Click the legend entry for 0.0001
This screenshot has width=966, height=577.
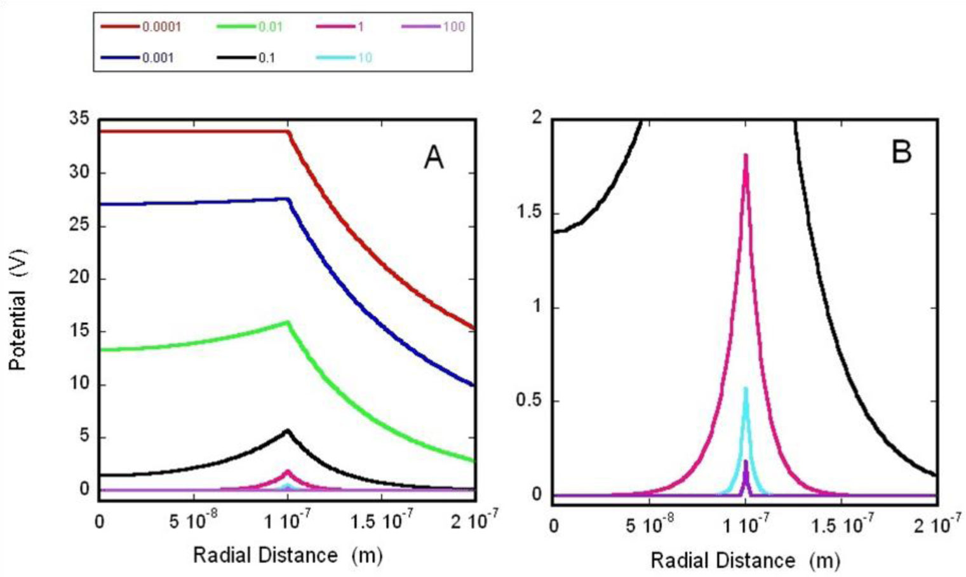[140, 27]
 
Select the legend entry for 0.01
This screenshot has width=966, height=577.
[250, 27]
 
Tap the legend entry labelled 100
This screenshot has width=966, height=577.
[433, 27]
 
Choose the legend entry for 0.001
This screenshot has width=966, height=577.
[137, 58]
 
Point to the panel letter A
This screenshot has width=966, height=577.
[434, 156]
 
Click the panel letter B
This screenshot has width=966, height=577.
[901, 153]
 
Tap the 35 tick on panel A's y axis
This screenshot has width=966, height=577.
[79, 119]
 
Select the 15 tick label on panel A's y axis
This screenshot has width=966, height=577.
[79, 331]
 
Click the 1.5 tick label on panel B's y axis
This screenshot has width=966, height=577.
[529, 212]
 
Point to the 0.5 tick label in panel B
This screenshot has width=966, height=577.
[529, 401]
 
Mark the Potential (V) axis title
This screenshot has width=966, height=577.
[18, 309]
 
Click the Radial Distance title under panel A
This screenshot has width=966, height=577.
[288, 555]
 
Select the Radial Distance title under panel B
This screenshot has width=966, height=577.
[746, 560]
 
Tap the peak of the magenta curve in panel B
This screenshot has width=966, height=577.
[746, 155]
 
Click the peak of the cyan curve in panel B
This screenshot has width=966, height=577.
[746, 388]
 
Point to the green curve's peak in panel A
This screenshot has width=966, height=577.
[288, 322]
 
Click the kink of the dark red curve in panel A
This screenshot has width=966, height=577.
[288, 132]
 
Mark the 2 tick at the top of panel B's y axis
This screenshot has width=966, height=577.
[537, 118]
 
